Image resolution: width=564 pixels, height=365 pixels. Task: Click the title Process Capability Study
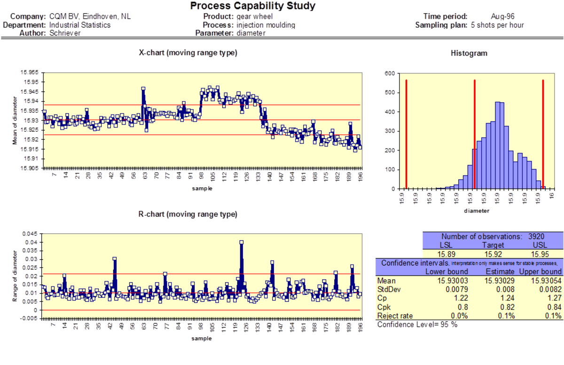point(253,6)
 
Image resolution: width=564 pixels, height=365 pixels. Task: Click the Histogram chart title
point(469,53)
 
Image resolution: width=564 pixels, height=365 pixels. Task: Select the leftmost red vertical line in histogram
point(406,134)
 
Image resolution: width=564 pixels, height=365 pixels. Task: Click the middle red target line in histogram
point(475,134)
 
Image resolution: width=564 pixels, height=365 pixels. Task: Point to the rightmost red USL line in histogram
point(543,134)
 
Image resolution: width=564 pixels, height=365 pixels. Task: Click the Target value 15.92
point(492,254)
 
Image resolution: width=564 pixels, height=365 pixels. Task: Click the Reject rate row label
point(395,316)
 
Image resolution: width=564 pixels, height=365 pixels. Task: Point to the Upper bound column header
point(540,271)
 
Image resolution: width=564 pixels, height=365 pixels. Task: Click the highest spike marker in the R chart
point(241,242)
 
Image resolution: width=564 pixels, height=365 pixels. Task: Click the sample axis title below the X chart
point(202,188)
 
